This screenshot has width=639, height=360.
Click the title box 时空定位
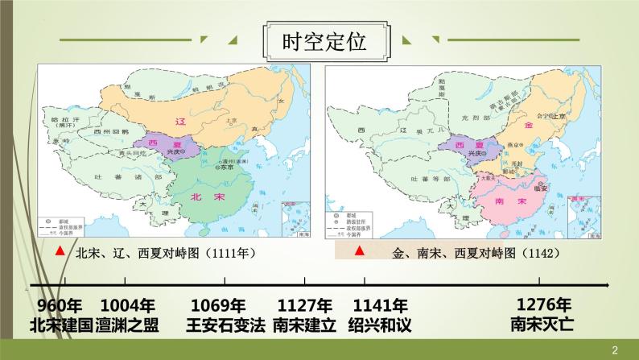[319, 41]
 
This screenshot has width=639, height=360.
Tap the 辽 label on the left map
[181, 120]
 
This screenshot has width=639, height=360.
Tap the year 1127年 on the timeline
[305, 306]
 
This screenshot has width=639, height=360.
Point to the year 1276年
[544, 305]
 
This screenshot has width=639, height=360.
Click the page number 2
[615, 350]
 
